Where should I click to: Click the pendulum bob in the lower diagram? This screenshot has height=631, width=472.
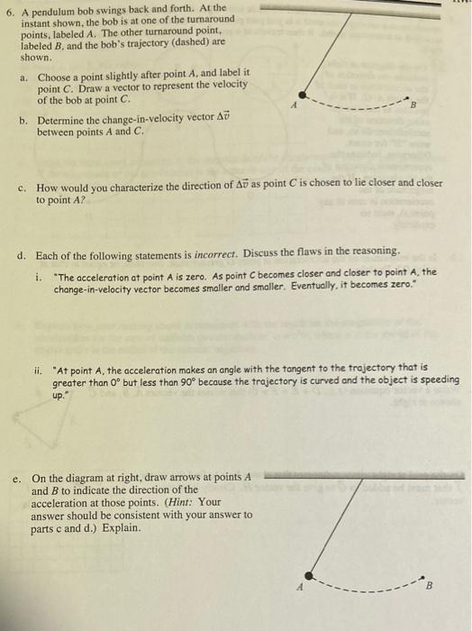click(x=308, y=574)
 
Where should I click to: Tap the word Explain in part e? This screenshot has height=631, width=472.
click(x=119, y=527)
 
